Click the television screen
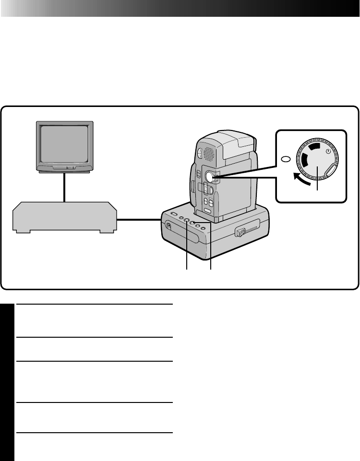pyautogui.click(x=64, y=145)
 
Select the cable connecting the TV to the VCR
pyautogui.click(x=64, y=187)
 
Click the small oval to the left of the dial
pyautogui.click(x=285, y=160)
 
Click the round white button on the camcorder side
pyautogui.click(x=210, y=177)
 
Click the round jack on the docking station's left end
pyautogui.click(x=168, y=225)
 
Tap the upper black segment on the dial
pyautogui.click(x=314, y=146)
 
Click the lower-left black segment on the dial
pyautogui.click(x=304, y=165)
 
